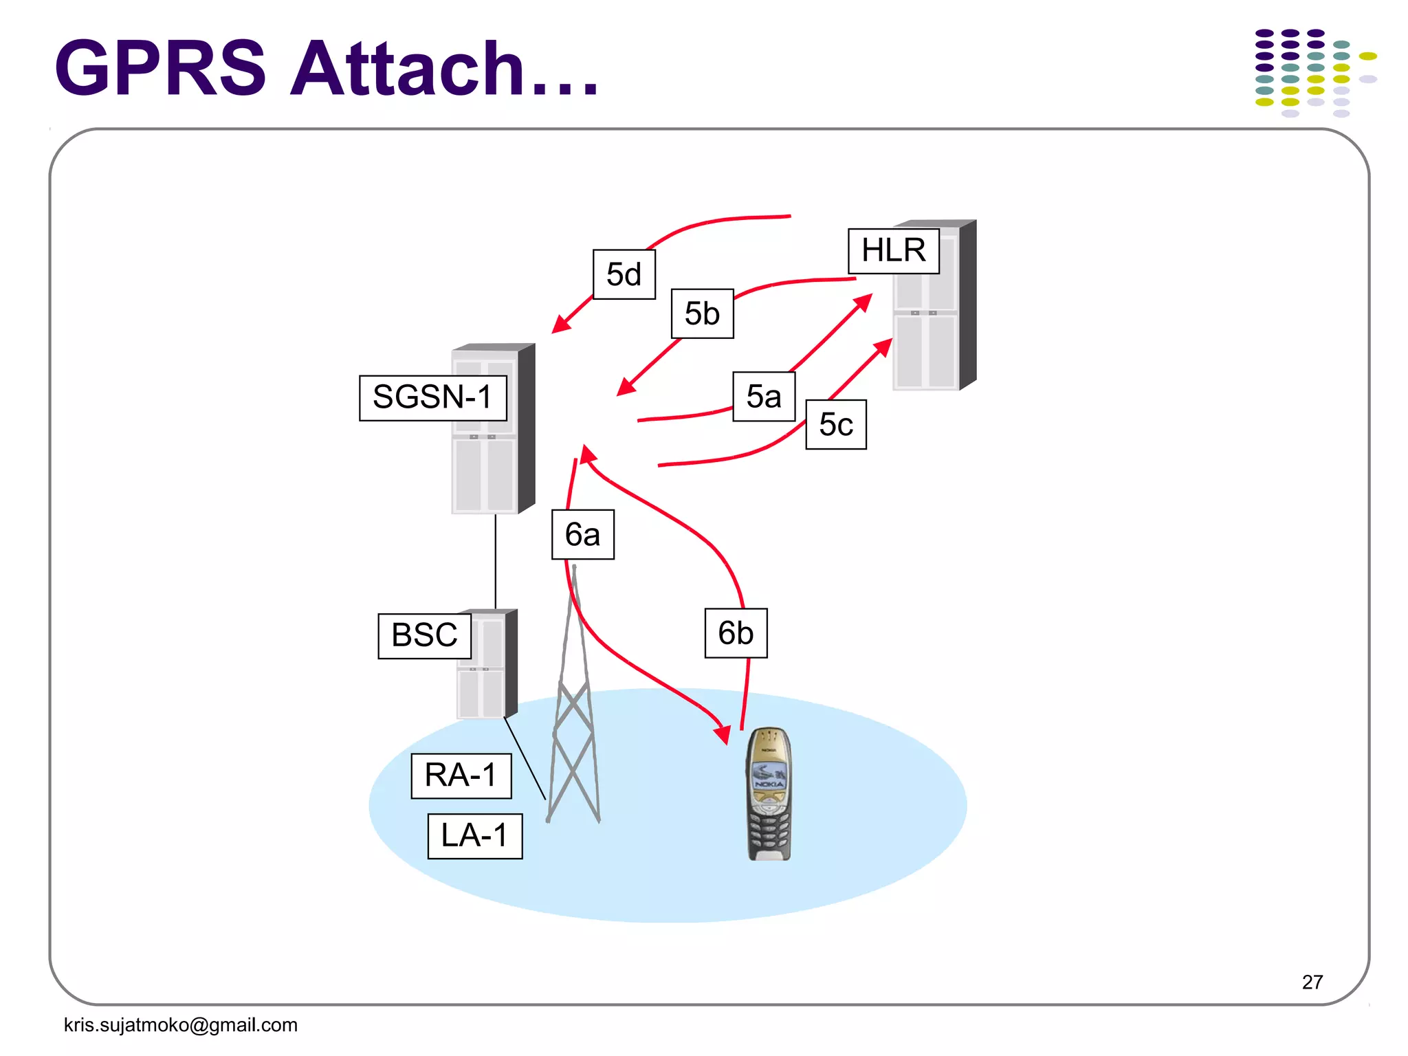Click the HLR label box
pyautogui.click(x=893, y=251)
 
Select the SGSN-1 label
pyautogui.click(x=432, y=397)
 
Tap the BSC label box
pyautogui.click(x=424, y=635)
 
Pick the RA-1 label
pyautogui.click(x=461, y=775)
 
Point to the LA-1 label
pyautogui.click(x=474, y=836)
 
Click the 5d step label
pyautogui.click(x=624, y=274)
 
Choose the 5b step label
pyautogui.click(x=702, y=313)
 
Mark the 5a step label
pyautogui.click(x=764, y=397)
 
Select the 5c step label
pyautogui.click(x=835, y=424)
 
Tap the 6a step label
pyautogui.click(x=582, y=534)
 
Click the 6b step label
pyautogui.click(x=736, y=632)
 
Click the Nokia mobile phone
pyautogui.click(x=769, y=794)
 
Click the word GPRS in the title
pyautogui.click(x=160, y=69)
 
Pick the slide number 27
pyautogui.click(x=1312, y=982)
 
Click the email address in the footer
pyautogui.click(x=181, y=1024)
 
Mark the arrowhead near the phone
pyautogui.click(x=723, y=734)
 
